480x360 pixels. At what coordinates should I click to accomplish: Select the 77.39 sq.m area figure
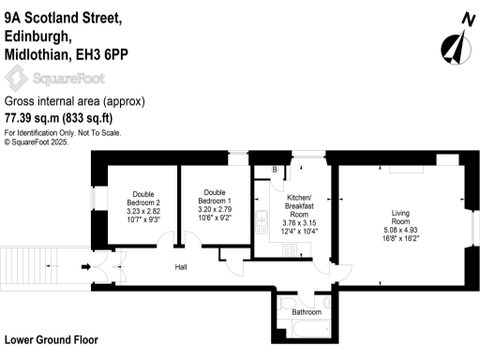[x=31, y=118]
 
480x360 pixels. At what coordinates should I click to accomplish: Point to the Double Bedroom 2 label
[x=144, y=200]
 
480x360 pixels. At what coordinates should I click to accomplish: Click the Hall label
[x=183, y=267]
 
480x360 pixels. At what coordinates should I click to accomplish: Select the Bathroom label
[x=307, y=311]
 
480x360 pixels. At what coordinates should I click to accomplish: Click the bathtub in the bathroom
[x=306, y=329]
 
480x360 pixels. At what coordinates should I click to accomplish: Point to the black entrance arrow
[x=88, y=267]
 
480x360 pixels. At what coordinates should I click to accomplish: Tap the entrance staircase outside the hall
[x=37, y=266]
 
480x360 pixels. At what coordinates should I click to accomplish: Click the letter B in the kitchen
[x=274, y=170]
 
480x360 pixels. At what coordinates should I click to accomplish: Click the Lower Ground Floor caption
[x=52, y=339]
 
